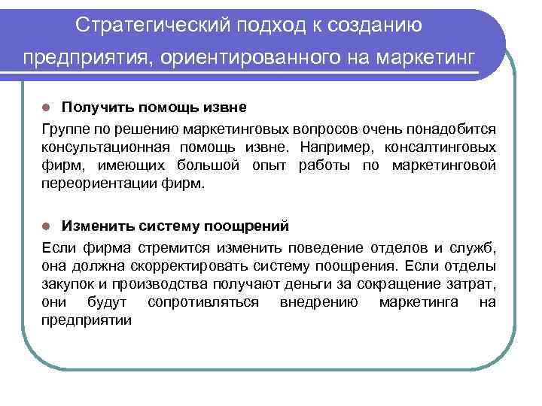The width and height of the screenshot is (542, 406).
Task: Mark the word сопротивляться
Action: pos(203,301)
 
